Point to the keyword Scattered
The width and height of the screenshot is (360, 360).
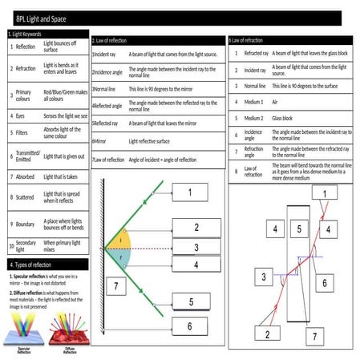pos(26,196)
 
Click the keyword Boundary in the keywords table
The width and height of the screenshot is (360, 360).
pos(26,224)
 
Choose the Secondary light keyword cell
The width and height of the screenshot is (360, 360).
pos(26,245)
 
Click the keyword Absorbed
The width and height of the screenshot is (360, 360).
pos(26,176)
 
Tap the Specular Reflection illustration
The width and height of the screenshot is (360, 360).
pos(24,330)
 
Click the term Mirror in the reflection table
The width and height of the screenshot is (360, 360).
pos(100,140)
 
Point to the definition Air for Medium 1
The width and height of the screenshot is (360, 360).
pos(275,102)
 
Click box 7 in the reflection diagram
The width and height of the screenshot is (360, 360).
pos(116,286)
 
